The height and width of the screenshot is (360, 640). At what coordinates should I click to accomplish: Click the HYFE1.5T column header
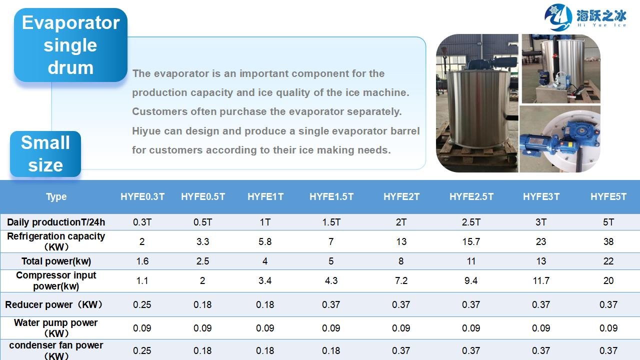pos(331,196)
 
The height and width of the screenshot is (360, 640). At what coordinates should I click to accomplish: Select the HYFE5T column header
pos(608,196)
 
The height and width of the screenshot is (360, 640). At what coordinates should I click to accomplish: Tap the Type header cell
pos(56,197)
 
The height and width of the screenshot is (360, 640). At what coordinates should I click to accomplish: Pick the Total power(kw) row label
pos(56,261)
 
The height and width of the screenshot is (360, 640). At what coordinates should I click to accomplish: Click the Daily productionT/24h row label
pos(56,222)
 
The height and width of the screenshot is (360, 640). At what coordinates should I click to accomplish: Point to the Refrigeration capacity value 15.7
pos(471,241)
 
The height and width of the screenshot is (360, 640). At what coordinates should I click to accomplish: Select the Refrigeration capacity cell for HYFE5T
pos(608,241)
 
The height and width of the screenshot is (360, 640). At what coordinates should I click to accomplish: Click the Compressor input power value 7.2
pos(401,280)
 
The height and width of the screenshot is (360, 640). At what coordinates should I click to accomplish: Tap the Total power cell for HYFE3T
pos(541,261)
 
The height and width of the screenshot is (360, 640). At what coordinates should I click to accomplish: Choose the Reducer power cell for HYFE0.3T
pos(142,304)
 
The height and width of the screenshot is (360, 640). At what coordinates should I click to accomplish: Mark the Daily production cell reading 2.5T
pos(471,222)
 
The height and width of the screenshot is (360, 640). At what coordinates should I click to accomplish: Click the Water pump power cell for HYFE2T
pos(401,328)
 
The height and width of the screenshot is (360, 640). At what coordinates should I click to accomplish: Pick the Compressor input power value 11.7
pos(541,280)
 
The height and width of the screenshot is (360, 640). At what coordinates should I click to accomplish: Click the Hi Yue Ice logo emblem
pos(557,17)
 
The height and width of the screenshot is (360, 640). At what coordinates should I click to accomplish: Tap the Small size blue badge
pos(45,153)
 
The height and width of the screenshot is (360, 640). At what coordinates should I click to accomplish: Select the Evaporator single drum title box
pos(70,45)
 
